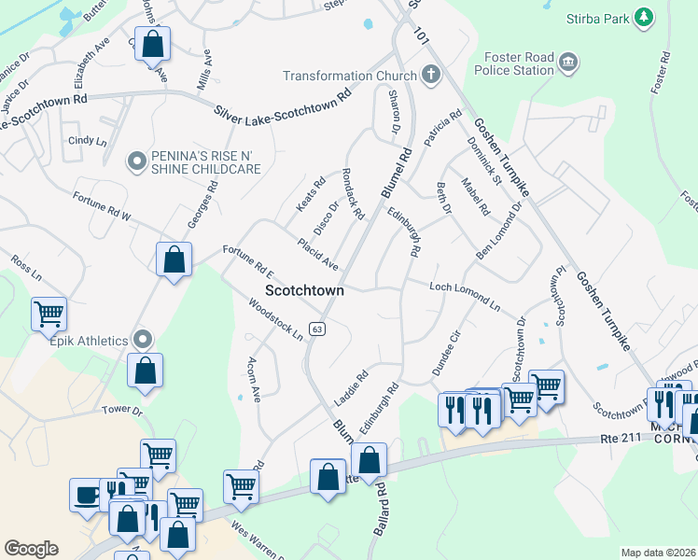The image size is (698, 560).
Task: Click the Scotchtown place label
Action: coord(304,290)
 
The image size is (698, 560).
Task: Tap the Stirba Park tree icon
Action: coord(642,18)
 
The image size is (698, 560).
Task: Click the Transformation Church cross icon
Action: coord(430,75)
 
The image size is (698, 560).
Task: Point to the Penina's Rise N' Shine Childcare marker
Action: coord(137,161)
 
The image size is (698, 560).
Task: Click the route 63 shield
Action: coord(318,329)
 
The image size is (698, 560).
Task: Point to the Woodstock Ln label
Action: coord(277,319)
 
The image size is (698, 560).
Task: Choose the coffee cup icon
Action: coord(87,494)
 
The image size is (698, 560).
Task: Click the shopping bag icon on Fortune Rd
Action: coord(174,260)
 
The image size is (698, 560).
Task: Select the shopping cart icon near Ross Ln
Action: coord(49,314)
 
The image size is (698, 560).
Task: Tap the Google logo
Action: coord(31,549)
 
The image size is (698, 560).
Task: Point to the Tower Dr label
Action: coord(122,410)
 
